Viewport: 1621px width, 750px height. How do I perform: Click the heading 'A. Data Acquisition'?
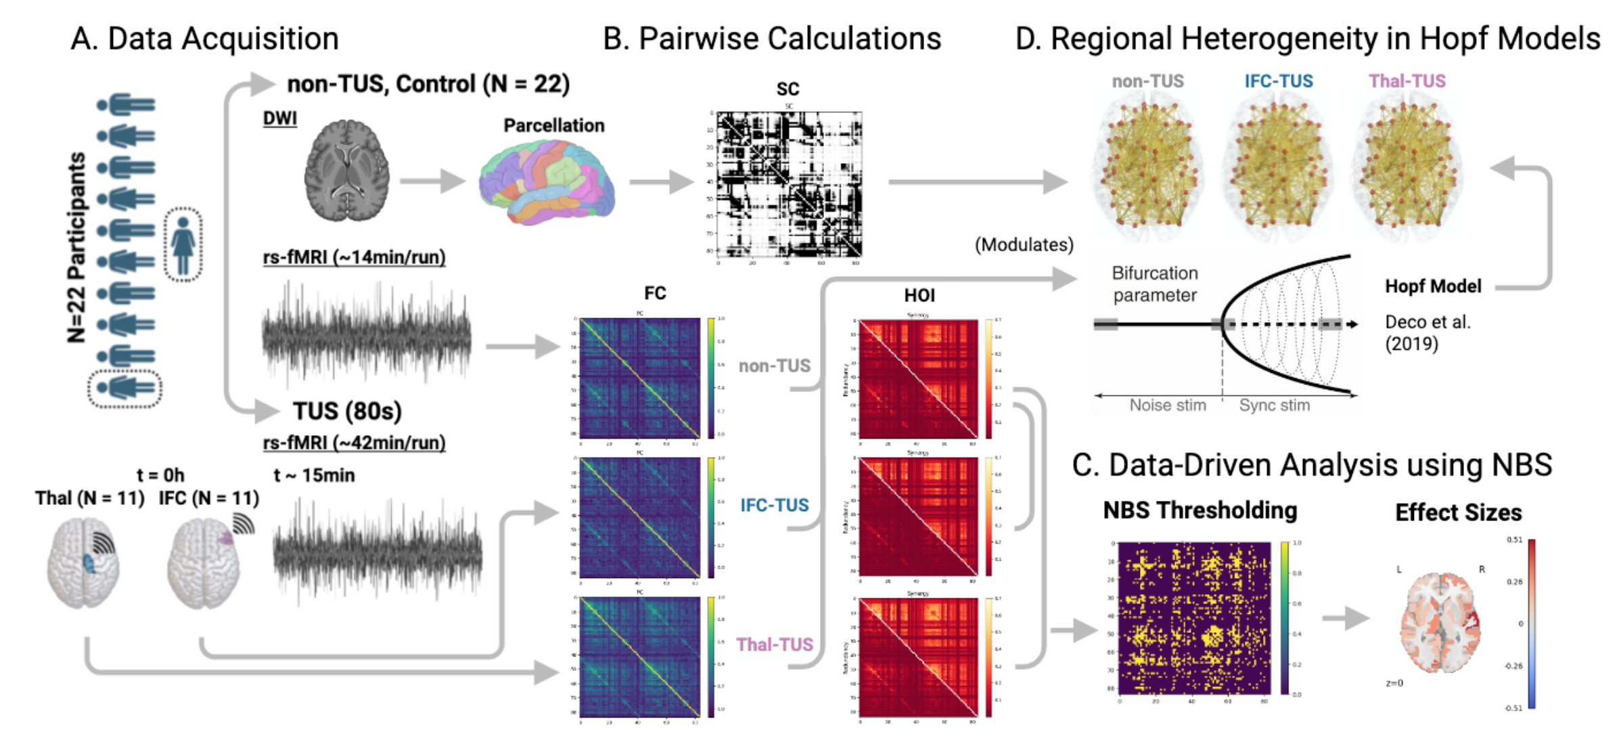point(204,39)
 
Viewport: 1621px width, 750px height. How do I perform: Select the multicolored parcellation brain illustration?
point(547,181)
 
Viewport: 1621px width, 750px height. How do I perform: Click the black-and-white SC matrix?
point(789,184)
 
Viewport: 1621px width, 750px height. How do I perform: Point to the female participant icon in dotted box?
point(183,244)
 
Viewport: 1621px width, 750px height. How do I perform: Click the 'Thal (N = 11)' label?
point(90,499)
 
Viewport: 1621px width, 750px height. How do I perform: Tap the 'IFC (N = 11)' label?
point(208,499)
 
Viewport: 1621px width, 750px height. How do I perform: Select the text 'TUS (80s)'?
point(347,411)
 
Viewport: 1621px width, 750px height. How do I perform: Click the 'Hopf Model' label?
point(1433,286)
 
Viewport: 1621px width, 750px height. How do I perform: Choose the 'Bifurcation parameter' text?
point(1155,284)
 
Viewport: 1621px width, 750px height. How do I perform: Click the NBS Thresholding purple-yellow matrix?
point(1194,617)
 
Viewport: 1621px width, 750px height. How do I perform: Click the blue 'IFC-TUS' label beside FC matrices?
point(774,505)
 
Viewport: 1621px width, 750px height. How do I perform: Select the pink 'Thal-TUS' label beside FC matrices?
point(774,644)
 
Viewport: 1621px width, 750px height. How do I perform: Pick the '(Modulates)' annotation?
point(1024,245)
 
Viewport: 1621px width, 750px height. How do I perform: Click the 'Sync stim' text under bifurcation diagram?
point(1274,405)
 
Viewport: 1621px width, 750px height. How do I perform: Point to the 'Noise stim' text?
point(1167,405)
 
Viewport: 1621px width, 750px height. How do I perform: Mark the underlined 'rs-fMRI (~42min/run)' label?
point(354,443)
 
